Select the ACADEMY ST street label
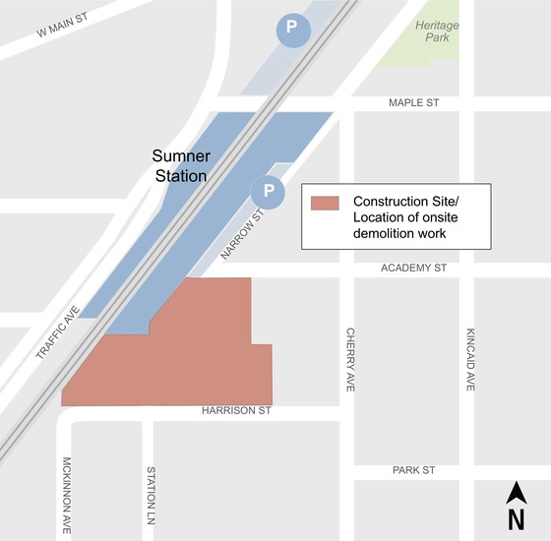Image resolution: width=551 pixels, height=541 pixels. tap(415, 267)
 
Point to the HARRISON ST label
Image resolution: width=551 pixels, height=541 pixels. tap(237, 411)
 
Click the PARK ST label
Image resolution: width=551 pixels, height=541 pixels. tap(415, 470)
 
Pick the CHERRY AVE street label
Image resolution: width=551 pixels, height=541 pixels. tap(349, 360)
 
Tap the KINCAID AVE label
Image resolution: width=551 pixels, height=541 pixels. tap(470, 360)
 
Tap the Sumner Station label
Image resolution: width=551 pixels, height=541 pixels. tap(179, 165)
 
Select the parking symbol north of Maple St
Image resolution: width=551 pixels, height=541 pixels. tap(290, 29)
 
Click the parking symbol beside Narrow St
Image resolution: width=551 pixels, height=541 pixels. tap(267, 191)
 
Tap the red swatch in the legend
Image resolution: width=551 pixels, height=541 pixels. tap(325, 203)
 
